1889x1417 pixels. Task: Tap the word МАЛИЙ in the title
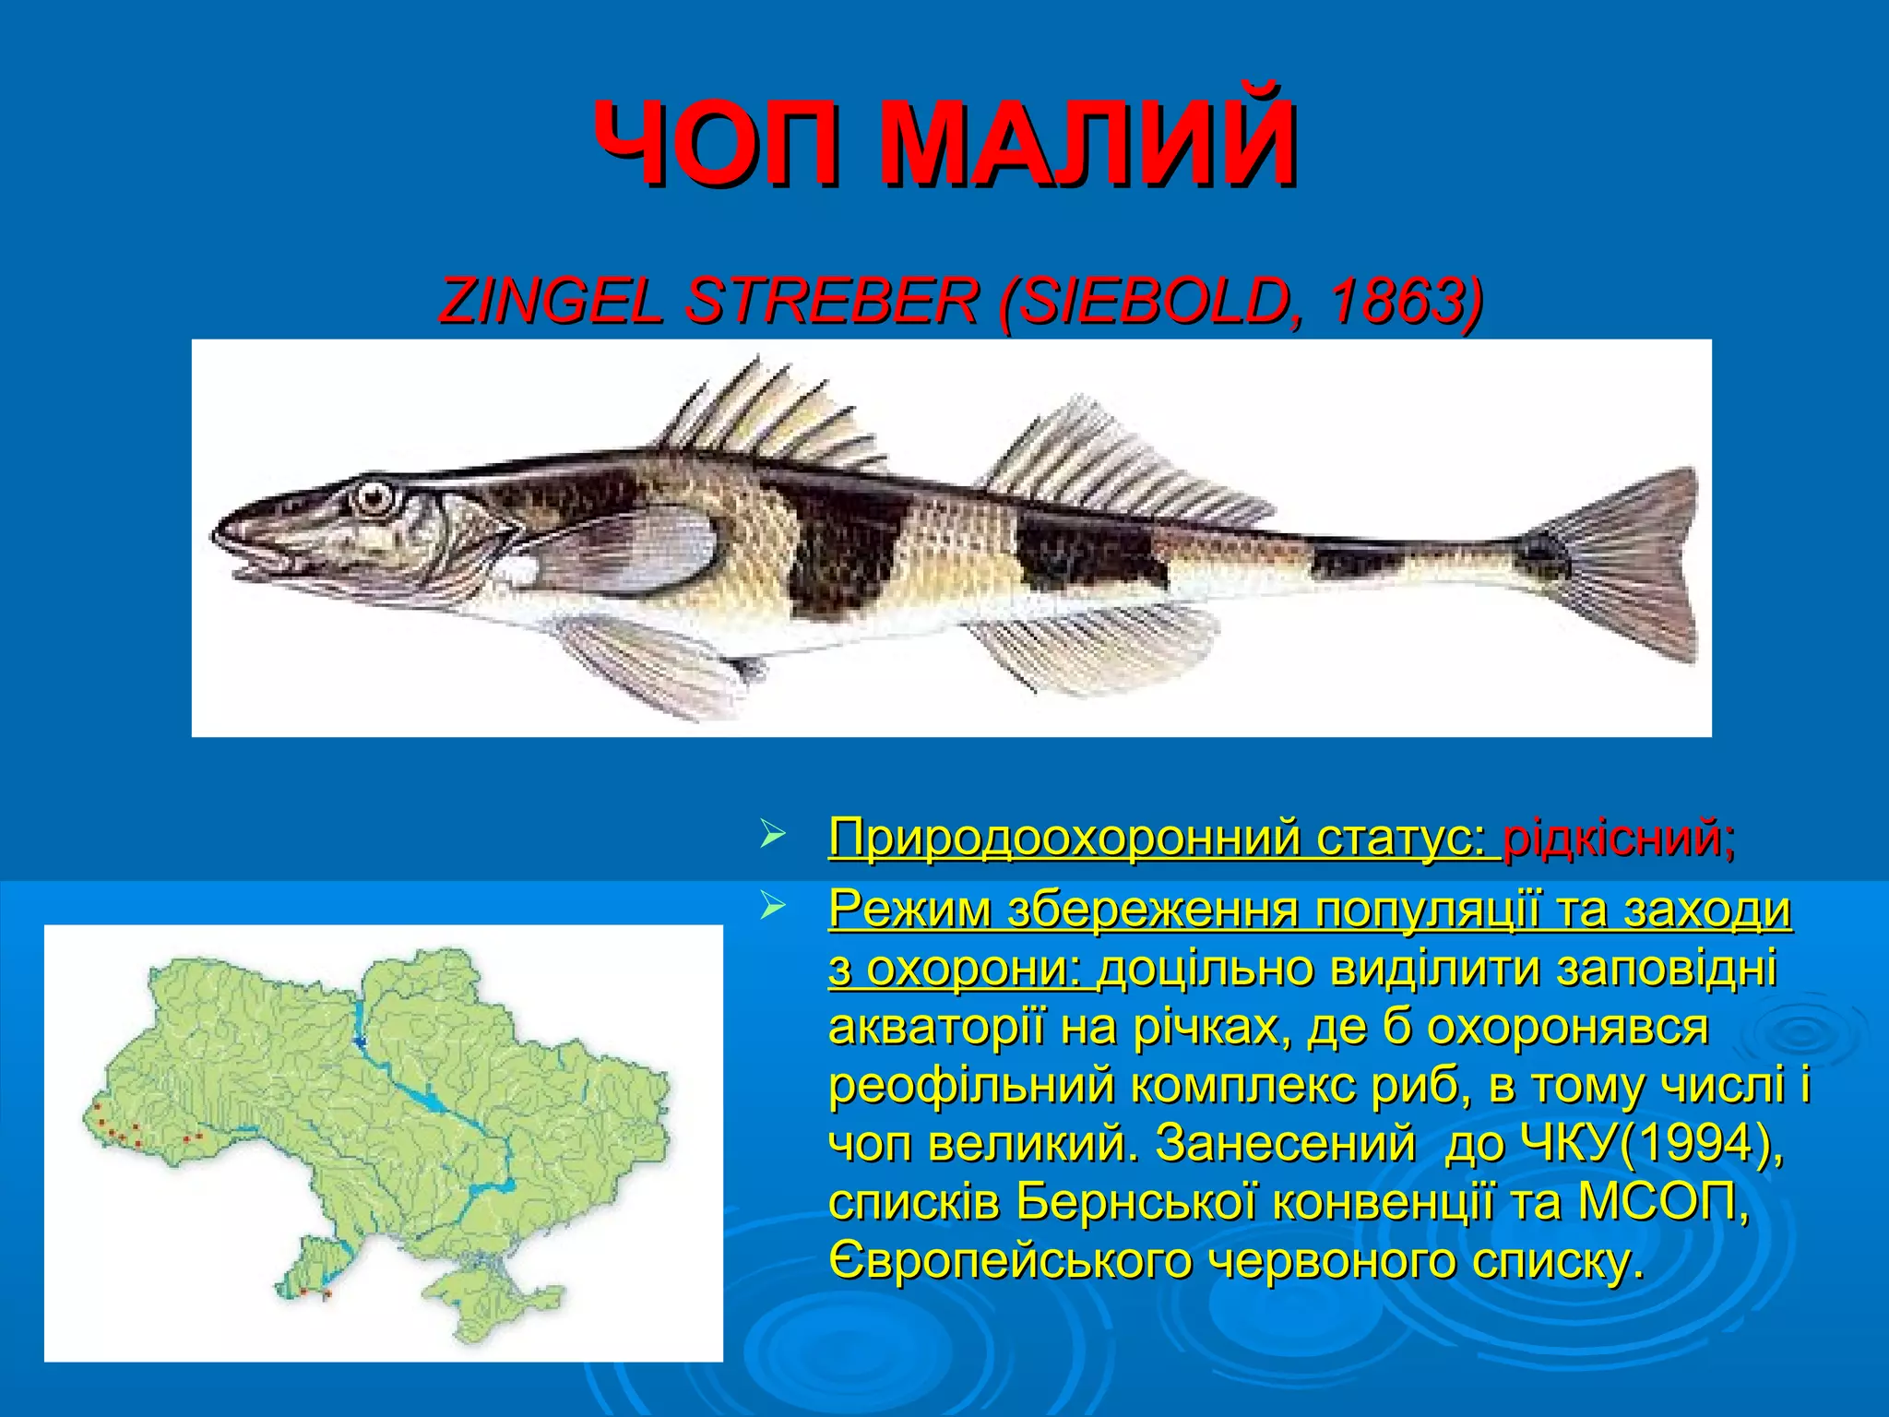1088,145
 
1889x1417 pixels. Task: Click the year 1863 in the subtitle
1393,301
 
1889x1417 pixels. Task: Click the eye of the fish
373,497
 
